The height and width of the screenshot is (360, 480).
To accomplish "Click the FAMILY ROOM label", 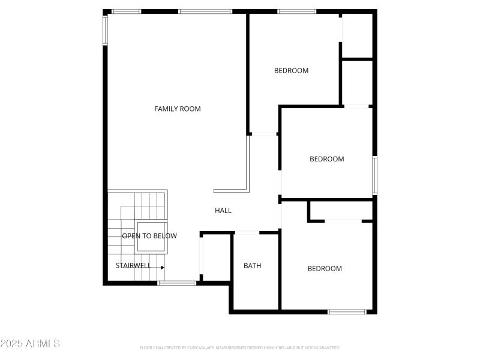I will (177, 109).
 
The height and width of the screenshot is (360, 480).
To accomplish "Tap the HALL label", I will (223, 211).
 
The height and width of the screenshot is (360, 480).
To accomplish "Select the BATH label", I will (252, 266).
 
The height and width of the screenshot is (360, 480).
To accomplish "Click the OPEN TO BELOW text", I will (149, 236).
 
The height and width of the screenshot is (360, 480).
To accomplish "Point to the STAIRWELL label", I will (133, 265).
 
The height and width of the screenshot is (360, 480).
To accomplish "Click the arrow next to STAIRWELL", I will (162, 267).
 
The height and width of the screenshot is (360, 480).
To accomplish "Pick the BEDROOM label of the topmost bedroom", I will (291, 70).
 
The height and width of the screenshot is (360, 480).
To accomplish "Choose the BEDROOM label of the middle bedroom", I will (326, 159).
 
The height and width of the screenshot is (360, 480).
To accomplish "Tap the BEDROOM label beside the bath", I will (325, 269).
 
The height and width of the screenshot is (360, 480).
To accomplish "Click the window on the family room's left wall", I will (105, 30).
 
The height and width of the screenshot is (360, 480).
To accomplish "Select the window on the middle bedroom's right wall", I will (374, 175).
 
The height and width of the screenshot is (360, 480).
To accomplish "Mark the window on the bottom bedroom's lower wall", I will (347, 311).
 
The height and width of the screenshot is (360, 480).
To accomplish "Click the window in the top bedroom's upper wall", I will (296, 11).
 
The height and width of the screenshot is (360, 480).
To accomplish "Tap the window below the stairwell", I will (176, 283).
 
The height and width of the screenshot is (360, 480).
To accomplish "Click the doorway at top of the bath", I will (246, 232).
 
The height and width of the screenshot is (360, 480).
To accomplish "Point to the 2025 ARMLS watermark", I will (30, 344).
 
